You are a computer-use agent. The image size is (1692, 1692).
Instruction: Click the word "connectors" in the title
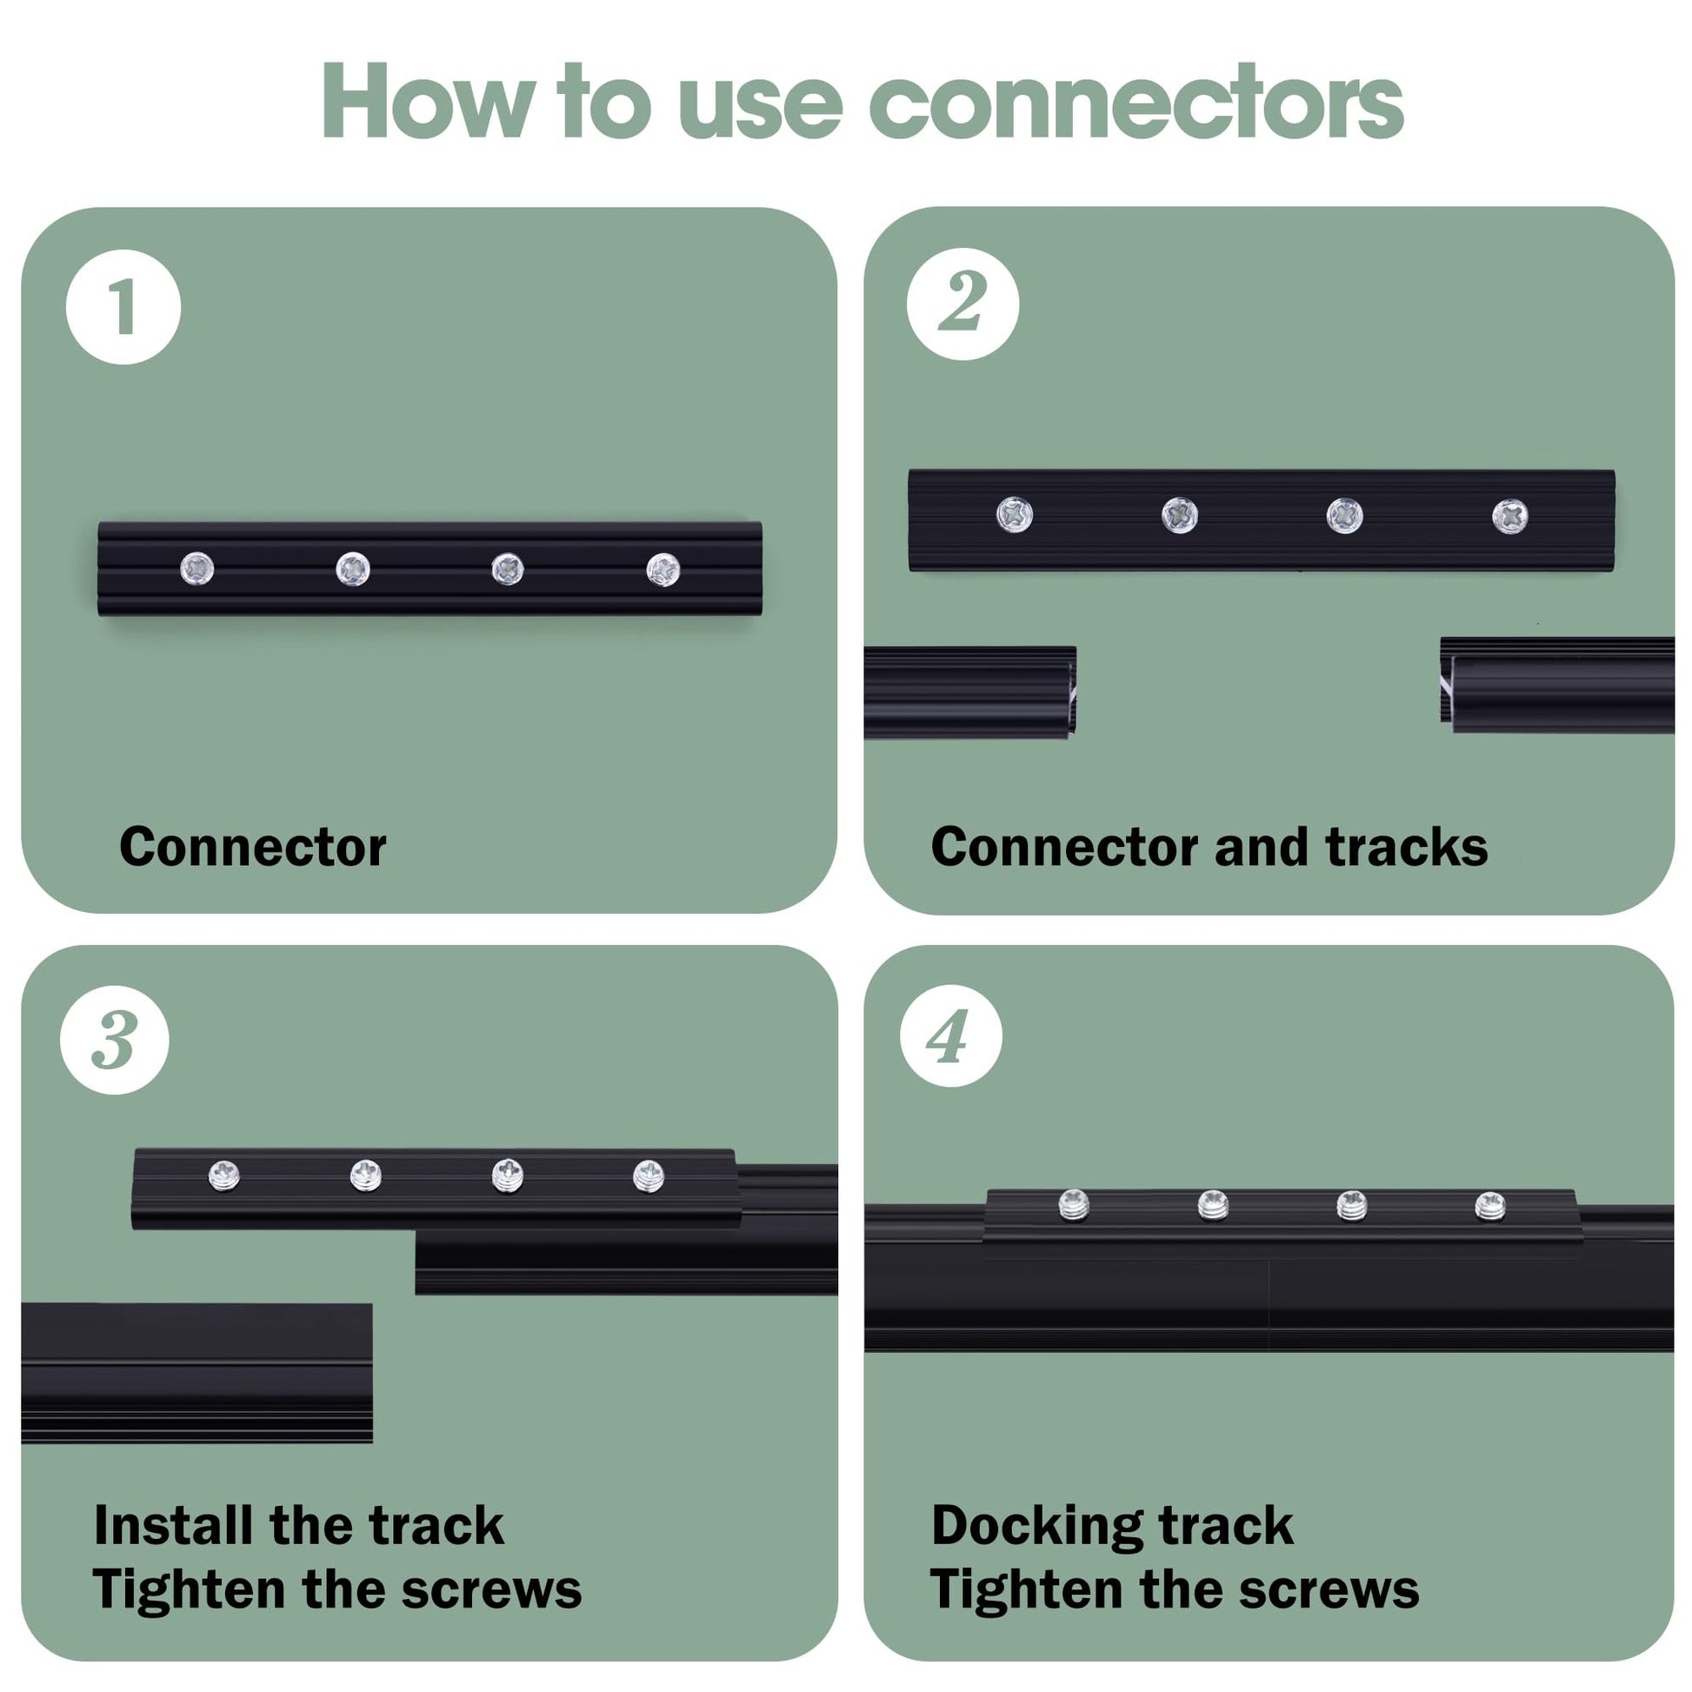click(1136, 103)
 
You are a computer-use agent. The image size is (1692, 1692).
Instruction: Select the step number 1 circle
click(123, 308)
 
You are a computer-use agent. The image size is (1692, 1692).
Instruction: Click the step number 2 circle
click(963, 303)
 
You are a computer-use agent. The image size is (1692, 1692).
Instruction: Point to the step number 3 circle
click(114, 1040)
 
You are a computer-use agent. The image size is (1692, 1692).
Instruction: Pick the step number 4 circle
click(950, 1036)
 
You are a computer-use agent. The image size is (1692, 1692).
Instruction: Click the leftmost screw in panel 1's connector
click(197, 570)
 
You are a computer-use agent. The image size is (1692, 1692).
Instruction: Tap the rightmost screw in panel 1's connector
click(663, 570)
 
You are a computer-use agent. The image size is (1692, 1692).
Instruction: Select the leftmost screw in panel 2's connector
click(1014, 514)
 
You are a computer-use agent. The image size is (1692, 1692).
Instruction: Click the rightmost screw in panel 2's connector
click(1509, 516)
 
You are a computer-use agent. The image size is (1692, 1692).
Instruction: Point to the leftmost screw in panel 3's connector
click(224, 1176)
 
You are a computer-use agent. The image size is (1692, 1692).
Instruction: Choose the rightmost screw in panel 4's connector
click(1489, 1207)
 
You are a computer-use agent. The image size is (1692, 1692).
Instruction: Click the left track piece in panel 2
click(968, 692)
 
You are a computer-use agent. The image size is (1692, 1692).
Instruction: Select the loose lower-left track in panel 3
click(197, 1371)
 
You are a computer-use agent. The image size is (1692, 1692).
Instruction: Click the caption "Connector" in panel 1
click(252, 847)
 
